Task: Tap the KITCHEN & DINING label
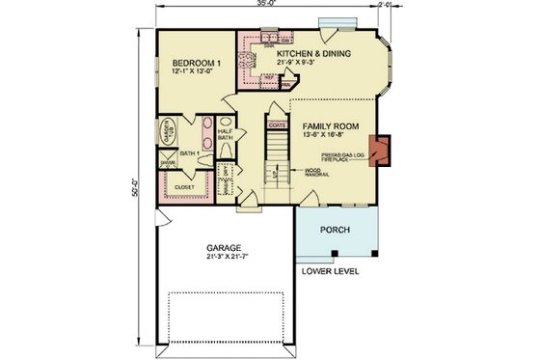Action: click(313, 53)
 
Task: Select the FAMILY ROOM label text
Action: click(331, 126)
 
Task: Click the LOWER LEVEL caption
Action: click(331, 272)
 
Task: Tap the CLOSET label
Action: click(185, 187)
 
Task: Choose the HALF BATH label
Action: click(226, 136)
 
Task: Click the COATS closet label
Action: click(276, 125)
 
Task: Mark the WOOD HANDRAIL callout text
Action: click(314, 173)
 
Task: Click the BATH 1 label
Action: click(188, 153)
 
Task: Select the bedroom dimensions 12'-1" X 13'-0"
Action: click(184, 71)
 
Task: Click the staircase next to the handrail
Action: click(277, 154)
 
